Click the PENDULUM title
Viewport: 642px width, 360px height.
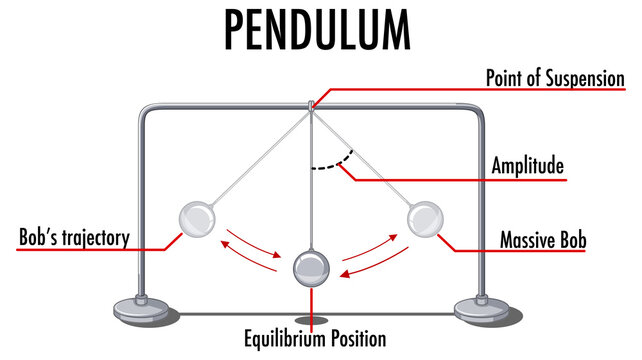pyautogui.click(x=317, y=30)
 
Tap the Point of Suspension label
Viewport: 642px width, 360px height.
pyautogui.click(x=554, y=77)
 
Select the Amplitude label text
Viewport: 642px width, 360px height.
pyautogui.click(x=527, y=164)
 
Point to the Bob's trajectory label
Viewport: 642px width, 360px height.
pyautogui.click(x=75, y=238)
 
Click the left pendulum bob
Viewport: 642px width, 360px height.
pyautogui.click(x=196, y=218)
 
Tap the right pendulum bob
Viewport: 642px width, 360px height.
pyautogui.click(x=426, y=218)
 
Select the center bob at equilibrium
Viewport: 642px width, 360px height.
pyautogui.click(x=311, y=266)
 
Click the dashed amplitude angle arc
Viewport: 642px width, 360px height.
pyautogui.click(x=331, y=163)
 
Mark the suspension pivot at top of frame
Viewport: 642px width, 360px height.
pyautogui.click(x=311, y=105)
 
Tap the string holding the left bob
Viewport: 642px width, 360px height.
pyautogui.click(x=255, y=160)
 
